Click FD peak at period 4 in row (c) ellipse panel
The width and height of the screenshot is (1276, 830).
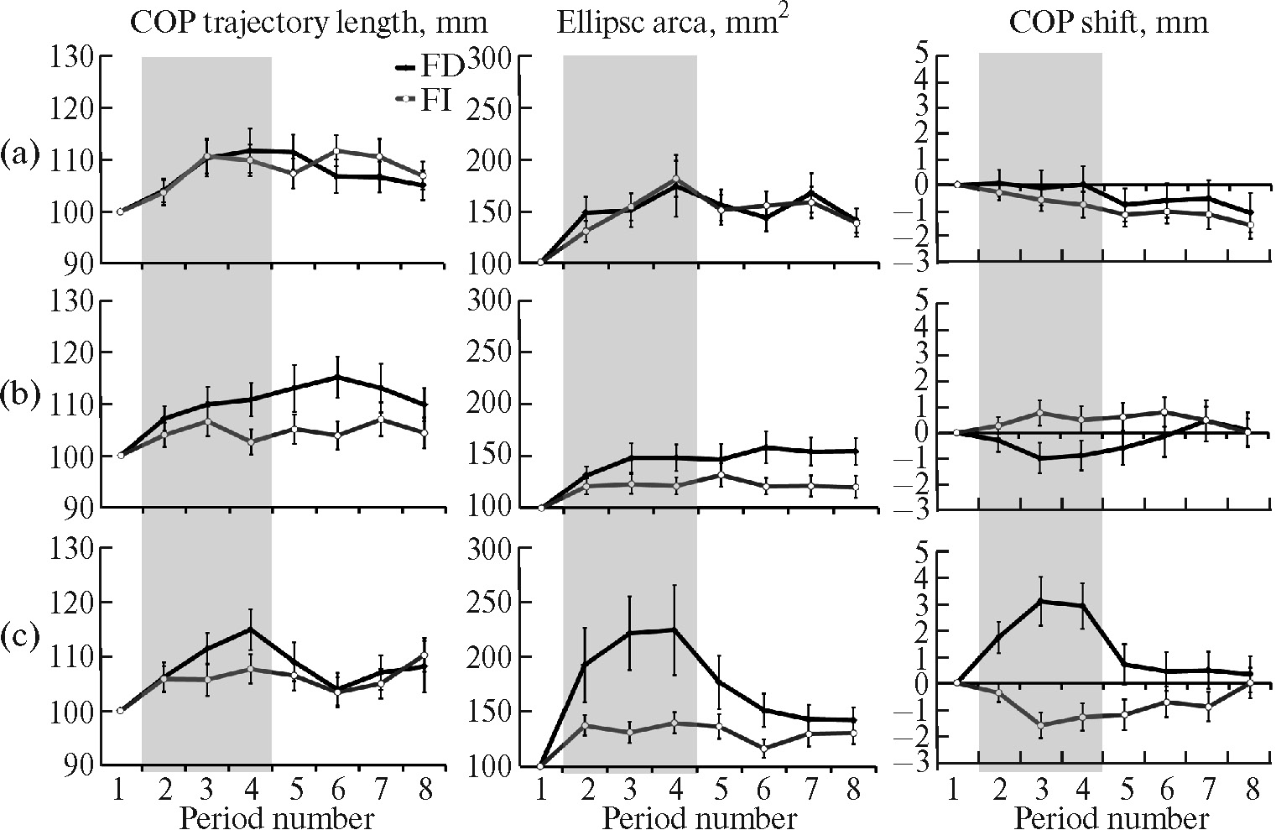click(x=674, y=629)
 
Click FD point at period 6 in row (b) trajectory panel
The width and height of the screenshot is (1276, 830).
click(x=336, y=377)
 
